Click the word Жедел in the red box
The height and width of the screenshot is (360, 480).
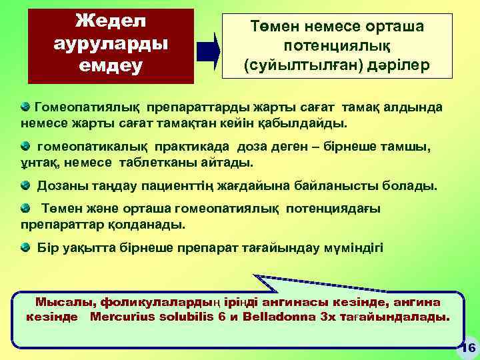click(110, 20)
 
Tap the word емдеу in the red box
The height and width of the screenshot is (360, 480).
click(110, 67)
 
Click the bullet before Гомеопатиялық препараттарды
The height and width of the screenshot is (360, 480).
click(25, 107)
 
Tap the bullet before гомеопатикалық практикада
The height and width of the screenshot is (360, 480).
click(25, 145)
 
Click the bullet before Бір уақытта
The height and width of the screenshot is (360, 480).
click(25, 247)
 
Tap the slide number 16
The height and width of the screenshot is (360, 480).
click(467, 347)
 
